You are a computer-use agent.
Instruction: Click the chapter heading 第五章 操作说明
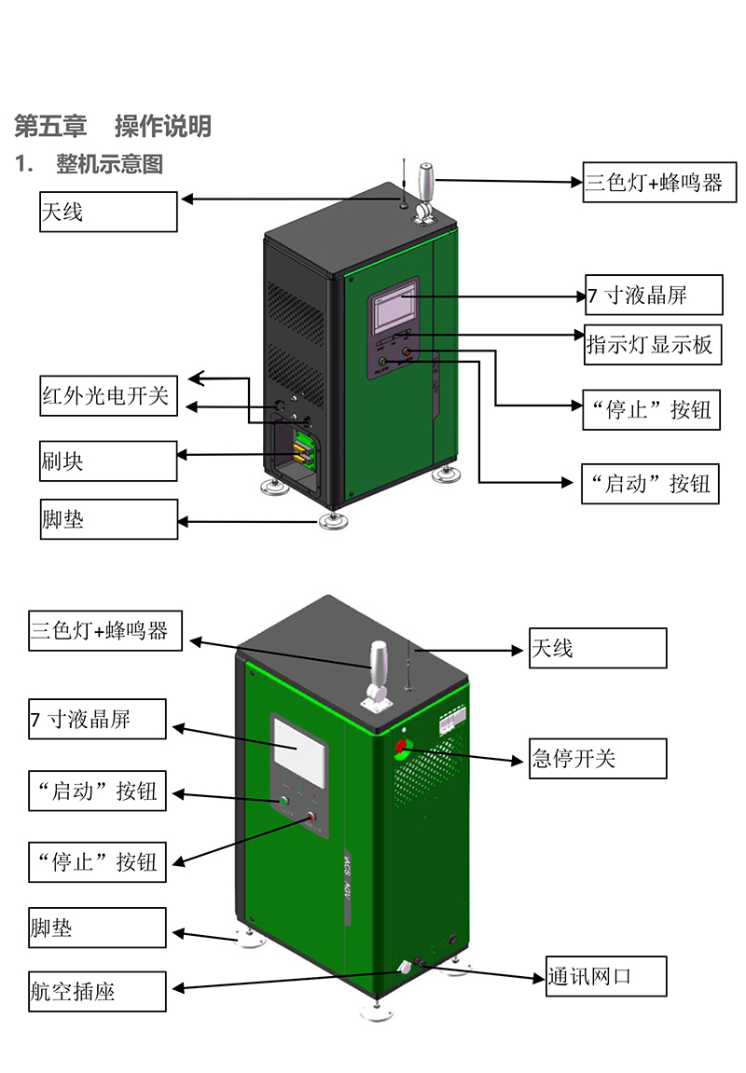pos(113,126)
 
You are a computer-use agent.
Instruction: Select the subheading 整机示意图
pos(109,165)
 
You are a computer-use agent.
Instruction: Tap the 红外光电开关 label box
pos(107,396)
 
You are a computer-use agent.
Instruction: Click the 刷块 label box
pos(107,461)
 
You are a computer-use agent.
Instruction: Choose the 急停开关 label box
pos(598,758)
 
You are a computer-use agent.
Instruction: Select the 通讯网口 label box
pos(606,976)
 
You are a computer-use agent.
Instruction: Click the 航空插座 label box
pos(97,991)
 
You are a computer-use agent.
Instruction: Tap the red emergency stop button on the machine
pos(402,746)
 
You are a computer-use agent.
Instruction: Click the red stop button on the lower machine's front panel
pos(311,818)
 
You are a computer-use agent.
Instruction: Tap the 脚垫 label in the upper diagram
pos(107,518)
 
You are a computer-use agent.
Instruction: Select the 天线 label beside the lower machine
pos(598,648)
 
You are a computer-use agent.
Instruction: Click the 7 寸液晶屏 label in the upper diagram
pos(654,296)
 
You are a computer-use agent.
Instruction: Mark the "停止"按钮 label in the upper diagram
pos(651,410)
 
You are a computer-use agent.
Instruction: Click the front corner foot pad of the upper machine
pos(329,520)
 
